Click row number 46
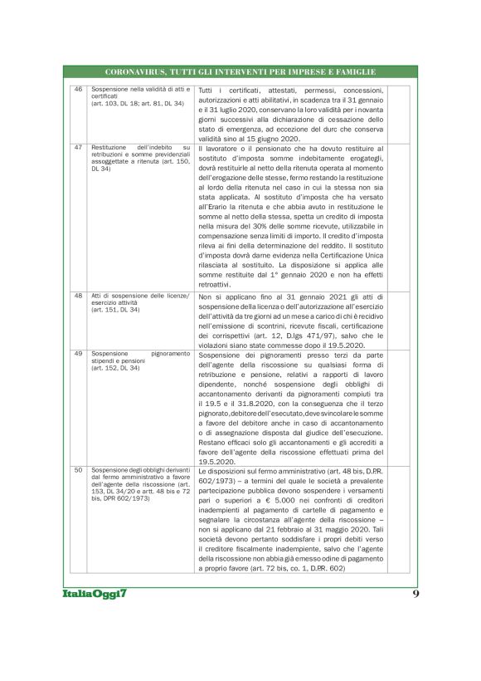(78, 89)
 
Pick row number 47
(78, 147)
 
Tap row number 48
(78, 296)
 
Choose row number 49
(78, 353)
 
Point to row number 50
(78, 469)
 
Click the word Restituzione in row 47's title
(110, 147)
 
